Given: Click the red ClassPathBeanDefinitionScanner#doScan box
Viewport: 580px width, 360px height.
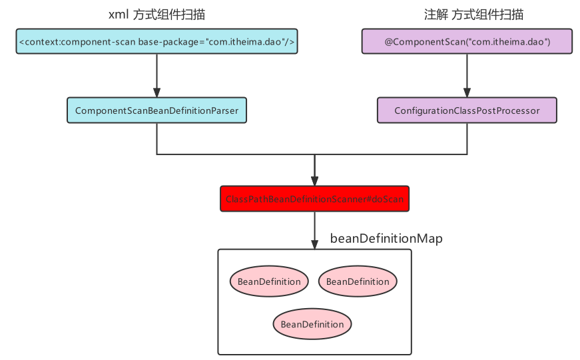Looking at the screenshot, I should [x=314, y=199].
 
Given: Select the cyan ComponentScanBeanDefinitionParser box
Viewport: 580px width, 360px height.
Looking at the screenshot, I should [x=156, y=110].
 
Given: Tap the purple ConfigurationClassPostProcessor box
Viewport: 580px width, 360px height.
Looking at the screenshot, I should [x=467, y=110].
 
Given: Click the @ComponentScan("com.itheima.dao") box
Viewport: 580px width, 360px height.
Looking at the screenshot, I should [x=467, y=41].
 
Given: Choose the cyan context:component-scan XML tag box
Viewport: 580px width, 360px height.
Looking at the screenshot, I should [x=156, y=41].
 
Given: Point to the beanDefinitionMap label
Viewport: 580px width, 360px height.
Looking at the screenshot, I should [x=386, y=238].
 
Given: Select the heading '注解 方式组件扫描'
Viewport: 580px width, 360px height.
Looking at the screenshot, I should [x=466, y=15].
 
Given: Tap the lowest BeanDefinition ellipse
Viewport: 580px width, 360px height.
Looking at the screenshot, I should [x=312, y=324].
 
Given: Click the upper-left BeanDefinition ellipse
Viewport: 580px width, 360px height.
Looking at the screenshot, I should [x=269, y=281].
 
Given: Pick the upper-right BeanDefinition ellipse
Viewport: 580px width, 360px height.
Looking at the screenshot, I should [x=358, y=281].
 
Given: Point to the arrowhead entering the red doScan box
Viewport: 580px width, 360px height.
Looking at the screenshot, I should [x=314, y=181].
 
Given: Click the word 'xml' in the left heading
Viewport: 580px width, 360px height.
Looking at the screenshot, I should [x=117, y=15].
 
